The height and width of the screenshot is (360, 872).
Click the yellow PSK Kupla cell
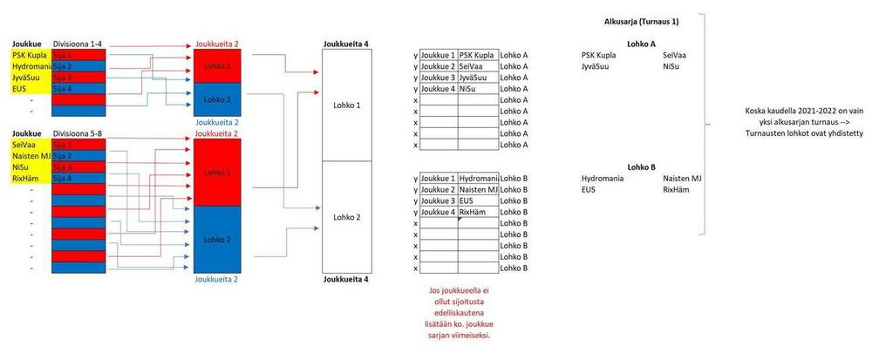[30, 54]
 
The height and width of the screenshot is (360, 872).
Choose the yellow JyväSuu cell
[30, 77]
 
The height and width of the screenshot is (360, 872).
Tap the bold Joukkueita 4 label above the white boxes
[345, 43]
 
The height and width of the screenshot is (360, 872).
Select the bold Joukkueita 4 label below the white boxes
[345, 280]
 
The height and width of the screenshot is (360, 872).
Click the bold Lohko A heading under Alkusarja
[641, 43]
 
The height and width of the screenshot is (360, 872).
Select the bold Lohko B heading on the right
[641, 166]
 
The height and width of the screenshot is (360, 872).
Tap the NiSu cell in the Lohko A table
[478, 88]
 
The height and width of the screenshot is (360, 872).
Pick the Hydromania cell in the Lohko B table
[479, 178]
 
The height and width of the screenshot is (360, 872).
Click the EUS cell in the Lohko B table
[479, 200]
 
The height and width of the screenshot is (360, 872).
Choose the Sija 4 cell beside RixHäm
[78, 178]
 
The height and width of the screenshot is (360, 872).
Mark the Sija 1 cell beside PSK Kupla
[78, 54]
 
